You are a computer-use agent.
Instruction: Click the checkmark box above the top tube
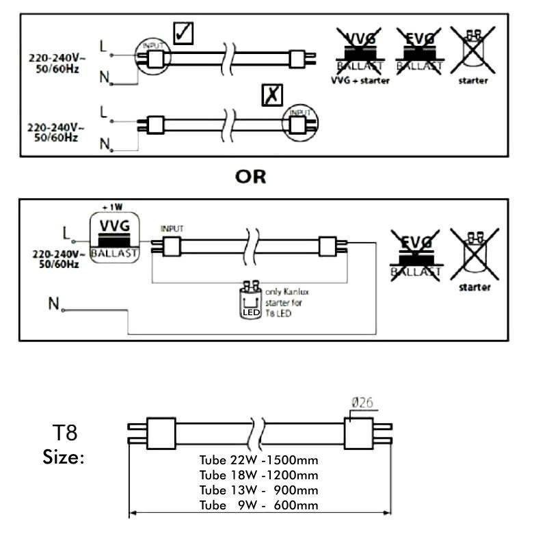click(x=183, y=32)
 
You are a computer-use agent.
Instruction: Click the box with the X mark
click(x=273, y=96)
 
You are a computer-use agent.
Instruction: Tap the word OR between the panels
click(x=250, y=176)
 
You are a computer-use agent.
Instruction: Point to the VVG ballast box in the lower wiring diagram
click(x=114, y=237)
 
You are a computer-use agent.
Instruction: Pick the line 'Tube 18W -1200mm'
click(x=258, y=475)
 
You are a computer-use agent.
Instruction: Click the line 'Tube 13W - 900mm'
click(x=258, y=490)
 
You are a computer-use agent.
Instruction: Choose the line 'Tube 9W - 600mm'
click(x=258, y=505)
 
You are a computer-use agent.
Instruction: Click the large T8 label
click(x=65, y=433)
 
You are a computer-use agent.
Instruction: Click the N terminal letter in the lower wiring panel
click(x=53, y=304)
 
